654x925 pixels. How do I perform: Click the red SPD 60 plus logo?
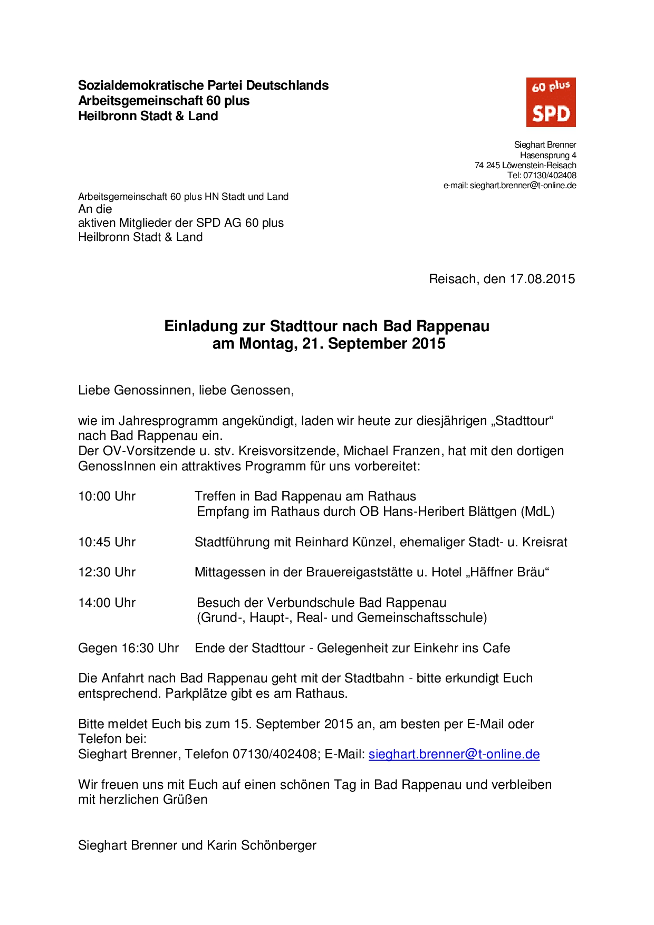(x=551, y=102)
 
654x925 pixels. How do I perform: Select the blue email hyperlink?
(x=454, y=754)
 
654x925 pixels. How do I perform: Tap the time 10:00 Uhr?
(x=107, y=496)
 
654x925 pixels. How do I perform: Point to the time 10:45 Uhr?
(x=107, y=542)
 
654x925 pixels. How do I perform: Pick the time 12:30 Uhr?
(x=107, y=572)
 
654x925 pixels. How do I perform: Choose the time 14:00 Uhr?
(x=107, y=603)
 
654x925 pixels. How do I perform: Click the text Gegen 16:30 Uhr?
(x=128, y=648)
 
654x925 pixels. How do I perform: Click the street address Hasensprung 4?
(x=548, y=155)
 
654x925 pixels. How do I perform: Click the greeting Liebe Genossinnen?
(x=135, y=390)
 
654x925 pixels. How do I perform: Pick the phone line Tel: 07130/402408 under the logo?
(x=542, y=175)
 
